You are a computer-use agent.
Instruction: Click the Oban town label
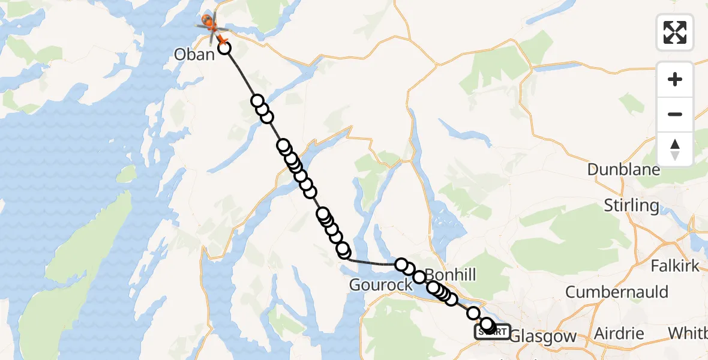tap(194, 55)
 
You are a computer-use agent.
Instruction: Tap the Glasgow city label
tap(542, 337)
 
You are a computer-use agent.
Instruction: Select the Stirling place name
tap(631, 205)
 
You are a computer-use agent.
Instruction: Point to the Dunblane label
tap(623, 170)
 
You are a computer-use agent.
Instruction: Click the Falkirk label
tap(676, 265)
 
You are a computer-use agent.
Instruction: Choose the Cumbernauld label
tap(617, 292)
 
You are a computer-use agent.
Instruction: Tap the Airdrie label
tap(619, 334)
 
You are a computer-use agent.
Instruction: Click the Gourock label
tap(381, 284)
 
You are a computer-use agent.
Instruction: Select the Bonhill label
tap(450, 275)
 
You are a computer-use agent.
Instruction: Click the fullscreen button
tap(675, 32)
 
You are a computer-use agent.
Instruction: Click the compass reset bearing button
tap(675, 149)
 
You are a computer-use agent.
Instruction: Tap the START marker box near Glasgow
tap(492, 332)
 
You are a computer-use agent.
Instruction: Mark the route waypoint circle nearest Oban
tap(224, 47)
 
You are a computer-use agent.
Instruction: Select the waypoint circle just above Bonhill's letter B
tap(419, 277)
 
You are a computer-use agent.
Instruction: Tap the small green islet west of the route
tap(126, 174)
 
